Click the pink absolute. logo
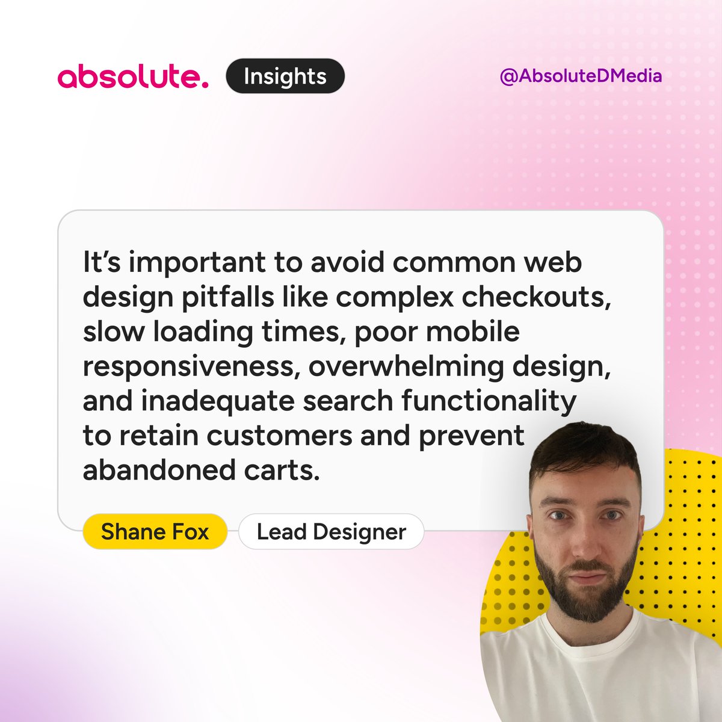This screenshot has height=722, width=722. [x=133, y=77]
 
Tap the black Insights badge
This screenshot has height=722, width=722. [x=285, y=76]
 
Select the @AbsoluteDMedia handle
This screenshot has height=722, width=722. [x=581, y=76]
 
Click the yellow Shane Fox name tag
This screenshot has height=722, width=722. [x=155, y=532]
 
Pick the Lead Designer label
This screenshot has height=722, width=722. [x=331, y=532]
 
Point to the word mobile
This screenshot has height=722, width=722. [x=478, y=332]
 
